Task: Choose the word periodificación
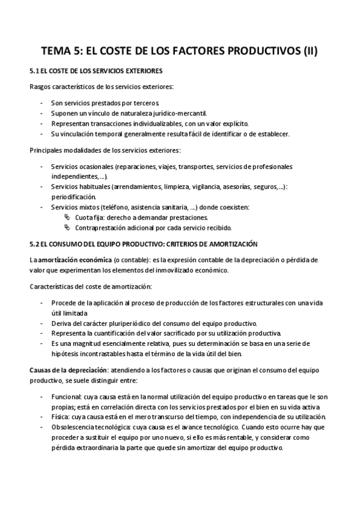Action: [74, 197]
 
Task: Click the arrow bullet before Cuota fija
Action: [67, 217]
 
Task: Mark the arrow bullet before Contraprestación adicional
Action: [67, 227]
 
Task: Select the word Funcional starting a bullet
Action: [66, 397]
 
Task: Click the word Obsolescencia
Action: [75, 428]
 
